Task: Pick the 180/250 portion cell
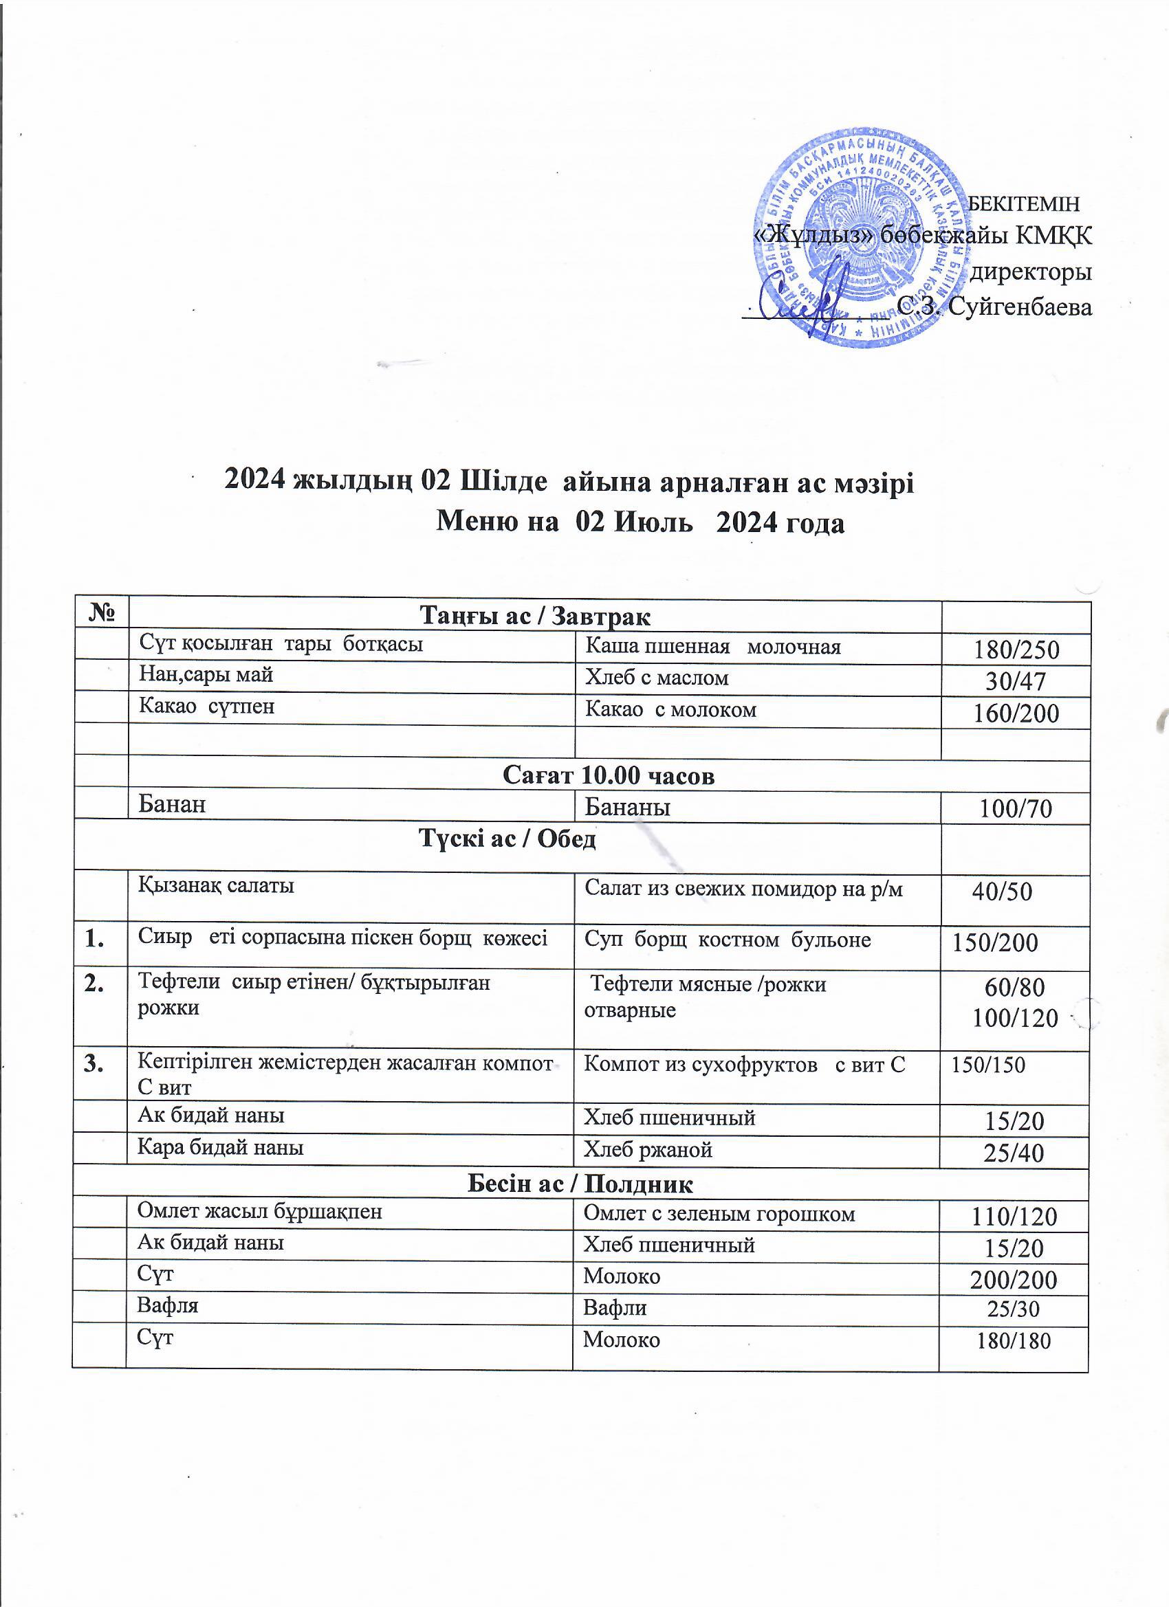pos(1016,649)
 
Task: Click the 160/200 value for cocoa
pos(1016,713)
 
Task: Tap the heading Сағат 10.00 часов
pos(609,776)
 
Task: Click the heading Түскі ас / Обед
pos(507,839)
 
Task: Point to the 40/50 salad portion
pos(1002,891)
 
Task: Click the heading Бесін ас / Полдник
pos(580,1184)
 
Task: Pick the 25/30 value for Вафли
pos(1014,1309)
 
